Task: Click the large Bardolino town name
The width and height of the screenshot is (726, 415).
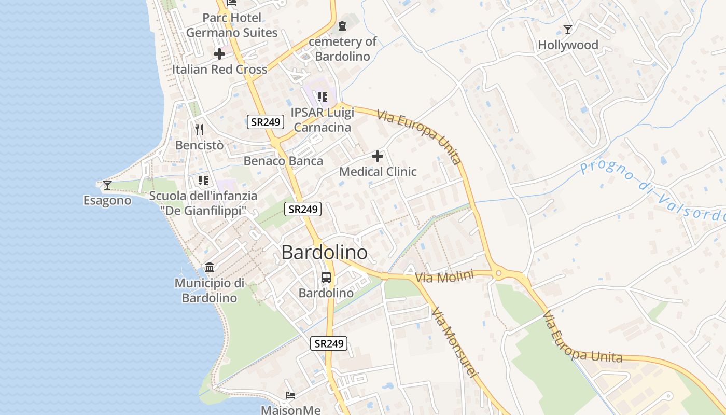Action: [x=325, y=253]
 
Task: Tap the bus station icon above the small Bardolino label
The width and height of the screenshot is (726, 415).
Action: [x=326, y=278]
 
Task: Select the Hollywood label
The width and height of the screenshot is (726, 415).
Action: [x=568, y=45]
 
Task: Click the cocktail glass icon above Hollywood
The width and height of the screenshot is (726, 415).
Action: [x=568, y=30]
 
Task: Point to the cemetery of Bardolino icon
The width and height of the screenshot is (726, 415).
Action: [x=342, y=25]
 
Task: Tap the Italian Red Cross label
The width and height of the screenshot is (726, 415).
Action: [x=219, y=70]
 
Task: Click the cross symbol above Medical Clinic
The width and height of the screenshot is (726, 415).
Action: [x=378, y=156]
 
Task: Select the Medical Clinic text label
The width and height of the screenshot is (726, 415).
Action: [x=378, y=172]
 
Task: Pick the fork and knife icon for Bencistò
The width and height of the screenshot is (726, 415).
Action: [x=199, y=129]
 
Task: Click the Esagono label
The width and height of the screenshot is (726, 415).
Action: [x=107, y=200]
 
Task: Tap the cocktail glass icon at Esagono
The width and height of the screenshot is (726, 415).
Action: [x=107, y=185]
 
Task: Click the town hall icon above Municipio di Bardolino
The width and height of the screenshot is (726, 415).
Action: [x=210, y=267]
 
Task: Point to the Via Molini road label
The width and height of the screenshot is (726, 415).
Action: [x=444, y=277]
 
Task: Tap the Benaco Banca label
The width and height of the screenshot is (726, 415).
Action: [x=283, y=161]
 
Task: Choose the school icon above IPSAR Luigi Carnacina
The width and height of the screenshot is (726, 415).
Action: [x=323, y=96]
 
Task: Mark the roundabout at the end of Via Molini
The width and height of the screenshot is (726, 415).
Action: [x=499, y=273]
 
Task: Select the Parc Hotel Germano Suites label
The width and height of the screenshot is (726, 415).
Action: [x=232, y=25]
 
